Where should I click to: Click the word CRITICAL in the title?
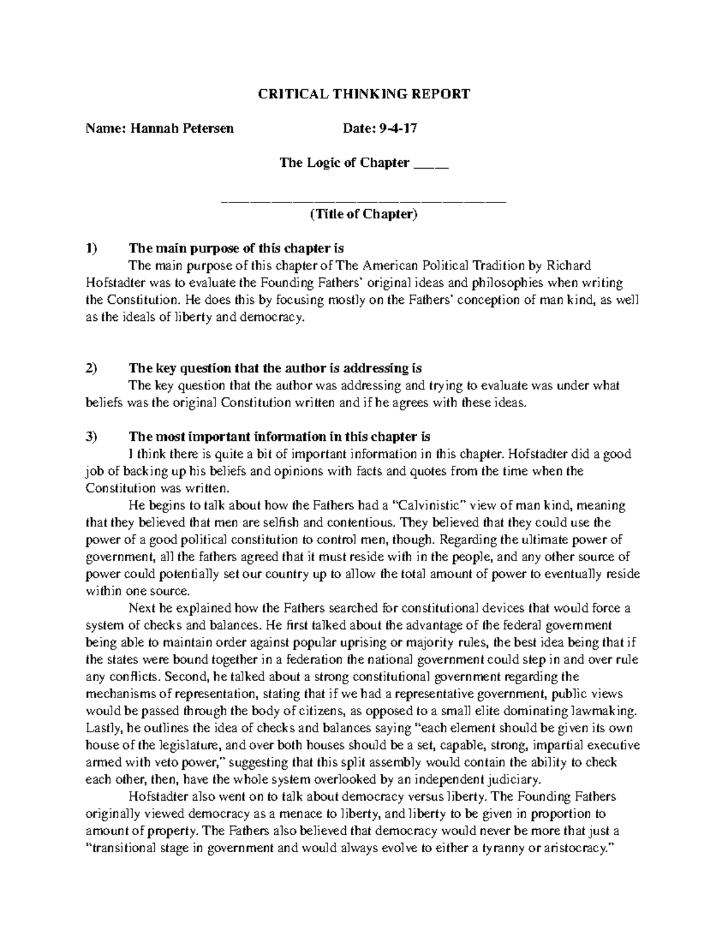coord(286,94)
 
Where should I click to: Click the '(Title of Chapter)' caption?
coord(363,214)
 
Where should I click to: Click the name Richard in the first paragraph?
coord(569,265)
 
